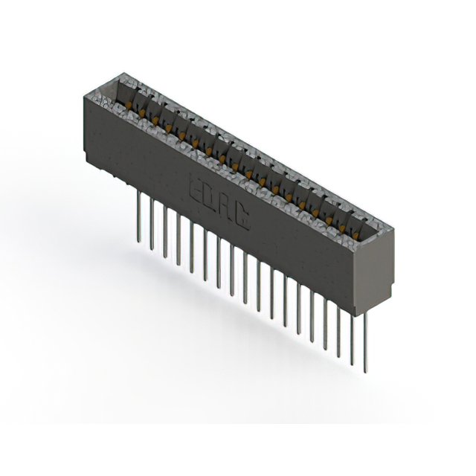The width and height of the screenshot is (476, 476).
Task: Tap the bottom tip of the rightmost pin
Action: [x=364, y=371]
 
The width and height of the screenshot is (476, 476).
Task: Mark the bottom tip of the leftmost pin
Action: [x=138, y=240]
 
